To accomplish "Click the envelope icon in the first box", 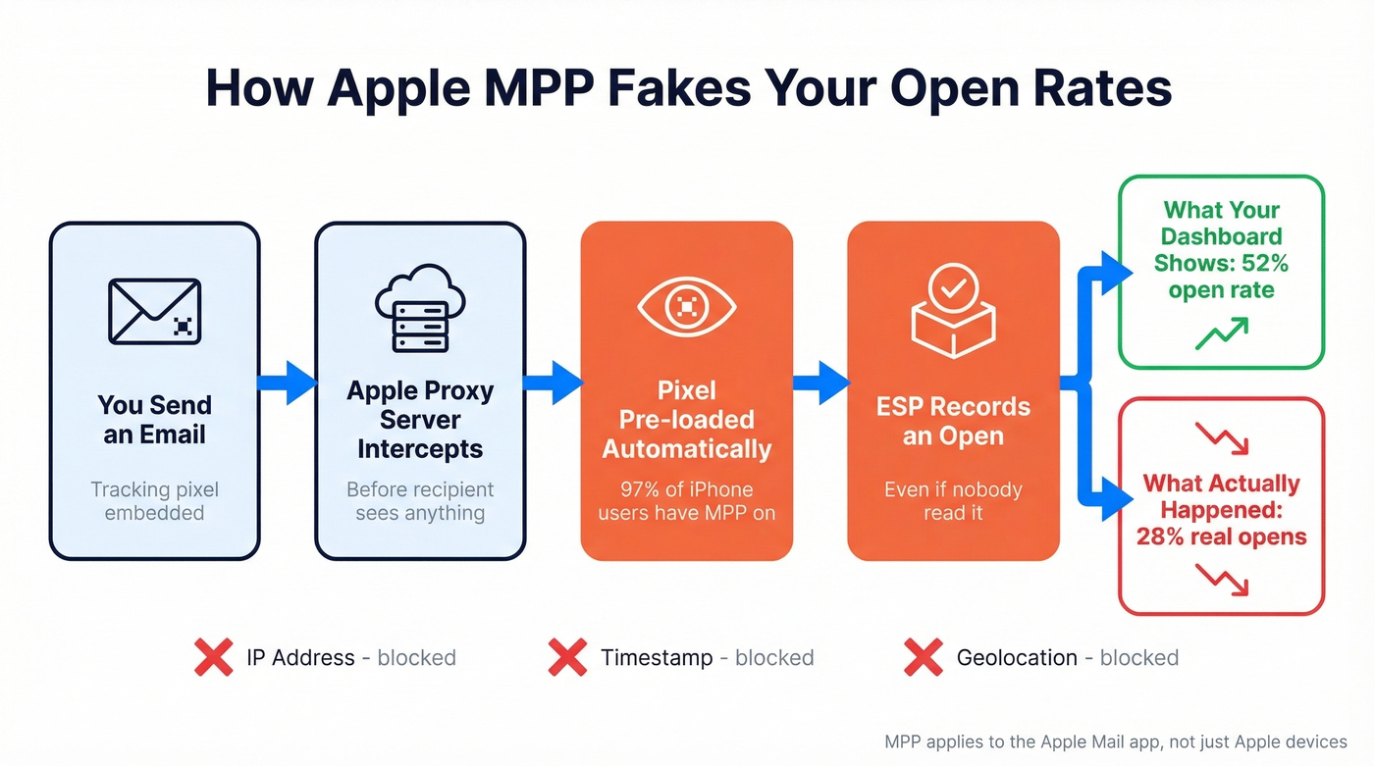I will click(x=155, y=311).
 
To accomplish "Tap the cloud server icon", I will click(x=420, y=308).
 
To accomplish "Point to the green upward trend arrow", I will click(x=1221, y=333).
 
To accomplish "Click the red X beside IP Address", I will click(x=214, y=657).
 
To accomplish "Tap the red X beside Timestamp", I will click(x=567, y=657).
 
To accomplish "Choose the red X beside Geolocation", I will click(x=923, y=657).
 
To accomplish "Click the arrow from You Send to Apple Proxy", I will click(x=288, y=382).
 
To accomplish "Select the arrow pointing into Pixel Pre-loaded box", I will click(x=554, y=382).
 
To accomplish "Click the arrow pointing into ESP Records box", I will click(x=820, y=382).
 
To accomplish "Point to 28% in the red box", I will click(x=1157, y=536).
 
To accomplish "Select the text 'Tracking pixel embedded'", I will click(x=154, y=500).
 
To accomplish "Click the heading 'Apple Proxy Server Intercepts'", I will click(x=420, y=420).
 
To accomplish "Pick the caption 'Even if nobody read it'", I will click(x=953, y=500).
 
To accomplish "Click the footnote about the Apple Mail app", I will click(x=1116, y=741).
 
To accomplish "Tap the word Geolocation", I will click(x=1017, y=657).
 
